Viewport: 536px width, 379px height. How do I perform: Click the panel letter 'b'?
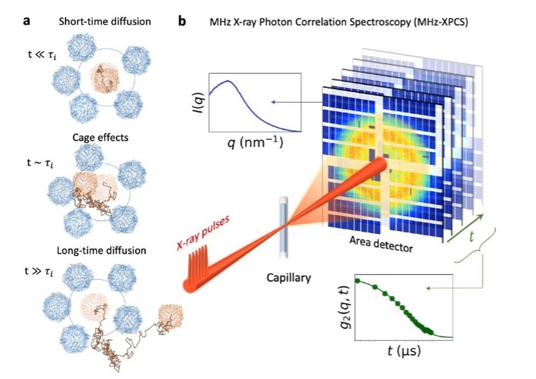(x=181, y=22)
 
